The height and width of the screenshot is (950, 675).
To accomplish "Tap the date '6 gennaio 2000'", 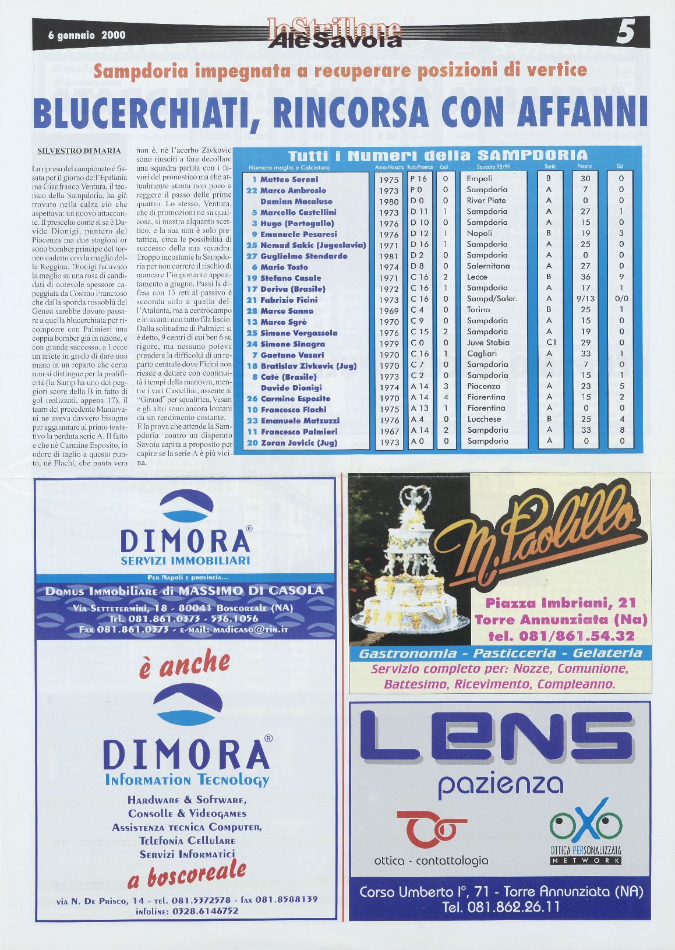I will (x=87, y=35).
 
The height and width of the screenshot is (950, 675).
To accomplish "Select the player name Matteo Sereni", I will (x=289, y=179).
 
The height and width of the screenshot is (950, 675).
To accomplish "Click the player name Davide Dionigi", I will (x=291, y=388).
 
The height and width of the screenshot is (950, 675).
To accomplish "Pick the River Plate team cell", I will (x=486, y=200).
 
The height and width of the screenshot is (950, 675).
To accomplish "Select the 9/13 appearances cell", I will (x=585, y=299).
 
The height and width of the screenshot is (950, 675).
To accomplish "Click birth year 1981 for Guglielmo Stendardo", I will (x=388, y=256).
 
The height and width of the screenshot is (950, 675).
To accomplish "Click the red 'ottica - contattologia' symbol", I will (x=431, y=829).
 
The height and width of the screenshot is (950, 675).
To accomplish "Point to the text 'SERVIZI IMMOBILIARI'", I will (x=185, y=560).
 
